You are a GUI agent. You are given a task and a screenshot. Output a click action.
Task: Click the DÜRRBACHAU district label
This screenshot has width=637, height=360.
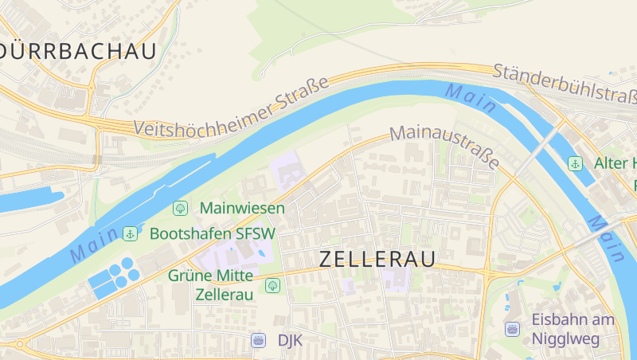(77, 51)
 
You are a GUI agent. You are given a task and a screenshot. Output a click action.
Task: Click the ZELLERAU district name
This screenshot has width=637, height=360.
(377, 260)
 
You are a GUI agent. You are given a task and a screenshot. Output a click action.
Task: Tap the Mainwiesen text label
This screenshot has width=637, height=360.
(243, 208)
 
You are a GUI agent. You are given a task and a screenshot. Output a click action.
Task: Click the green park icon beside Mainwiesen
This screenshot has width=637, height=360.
(181, 208)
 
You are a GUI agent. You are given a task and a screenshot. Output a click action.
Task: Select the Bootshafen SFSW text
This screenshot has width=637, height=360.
(213, 233)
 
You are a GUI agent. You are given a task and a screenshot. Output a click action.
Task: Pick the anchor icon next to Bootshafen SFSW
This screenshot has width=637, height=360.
(130, 233)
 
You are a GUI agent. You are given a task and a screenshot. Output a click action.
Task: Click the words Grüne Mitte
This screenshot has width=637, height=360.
(211, 276)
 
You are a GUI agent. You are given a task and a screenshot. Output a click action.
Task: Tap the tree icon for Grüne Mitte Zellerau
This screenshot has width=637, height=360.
(273, 284)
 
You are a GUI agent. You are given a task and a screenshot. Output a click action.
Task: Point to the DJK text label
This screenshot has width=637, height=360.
(290, 340)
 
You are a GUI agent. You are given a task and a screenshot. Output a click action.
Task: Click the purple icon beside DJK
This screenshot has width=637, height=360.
(258, 340)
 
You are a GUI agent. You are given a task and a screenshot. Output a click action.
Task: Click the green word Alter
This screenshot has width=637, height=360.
(612, 163)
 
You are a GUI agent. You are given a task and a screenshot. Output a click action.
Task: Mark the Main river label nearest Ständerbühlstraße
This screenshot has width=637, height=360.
(471, 97)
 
